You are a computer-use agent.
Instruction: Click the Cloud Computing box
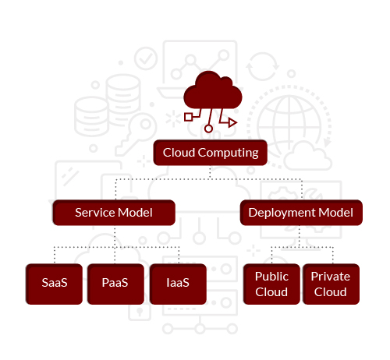coord(211,153)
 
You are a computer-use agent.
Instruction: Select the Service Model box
coord(114,213)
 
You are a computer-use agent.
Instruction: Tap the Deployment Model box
coord(301,213)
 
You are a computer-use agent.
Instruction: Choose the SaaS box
coord(54,284)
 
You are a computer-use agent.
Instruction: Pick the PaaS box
coord(115,284)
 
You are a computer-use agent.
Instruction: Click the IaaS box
coord(178,284)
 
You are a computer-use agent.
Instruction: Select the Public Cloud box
coord(271,284)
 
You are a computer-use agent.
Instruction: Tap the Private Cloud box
coord(331,284)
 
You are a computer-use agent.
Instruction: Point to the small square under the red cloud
coord(189,117)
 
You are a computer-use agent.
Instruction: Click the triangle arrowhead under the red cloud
coord(232,122)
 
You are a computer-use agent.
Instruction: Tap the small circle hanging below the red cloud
coord(208,129)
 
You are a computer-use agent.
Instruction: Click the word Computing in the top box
coord(228,153)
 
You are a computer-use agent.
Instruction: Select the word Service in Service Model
coord(95,213)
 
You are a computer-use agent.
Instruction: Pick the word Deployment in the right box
coord(282,213)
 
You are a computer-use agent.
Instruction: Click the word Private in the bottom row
coord(331,277)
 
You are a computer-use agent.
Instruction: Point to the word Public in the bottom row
coord(271,277)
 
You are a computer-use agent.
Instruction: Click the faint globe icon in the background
coord(289,126)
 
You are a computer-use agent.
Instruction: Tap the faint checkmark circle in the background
coord(146,58)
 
